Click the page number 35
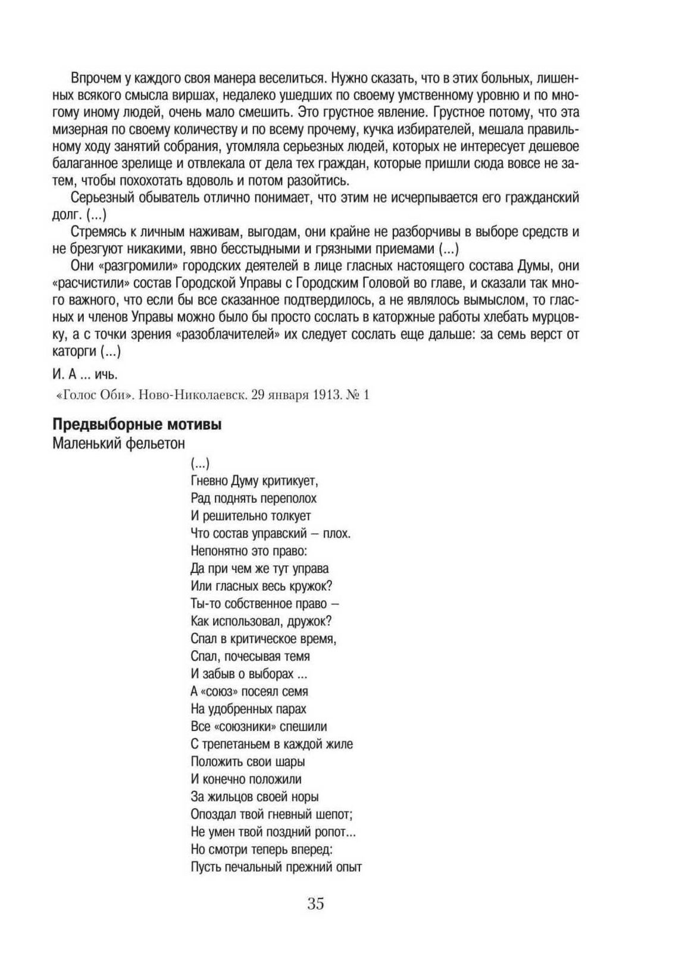316,903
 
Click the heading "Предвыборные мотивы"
137,425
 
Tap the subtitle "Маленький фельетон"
118,443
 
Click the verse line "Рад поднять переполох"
254,498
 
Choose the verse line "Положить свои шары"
248,762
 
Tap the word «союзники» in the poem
244,726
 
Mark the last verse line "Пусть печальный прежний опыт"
276,867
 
